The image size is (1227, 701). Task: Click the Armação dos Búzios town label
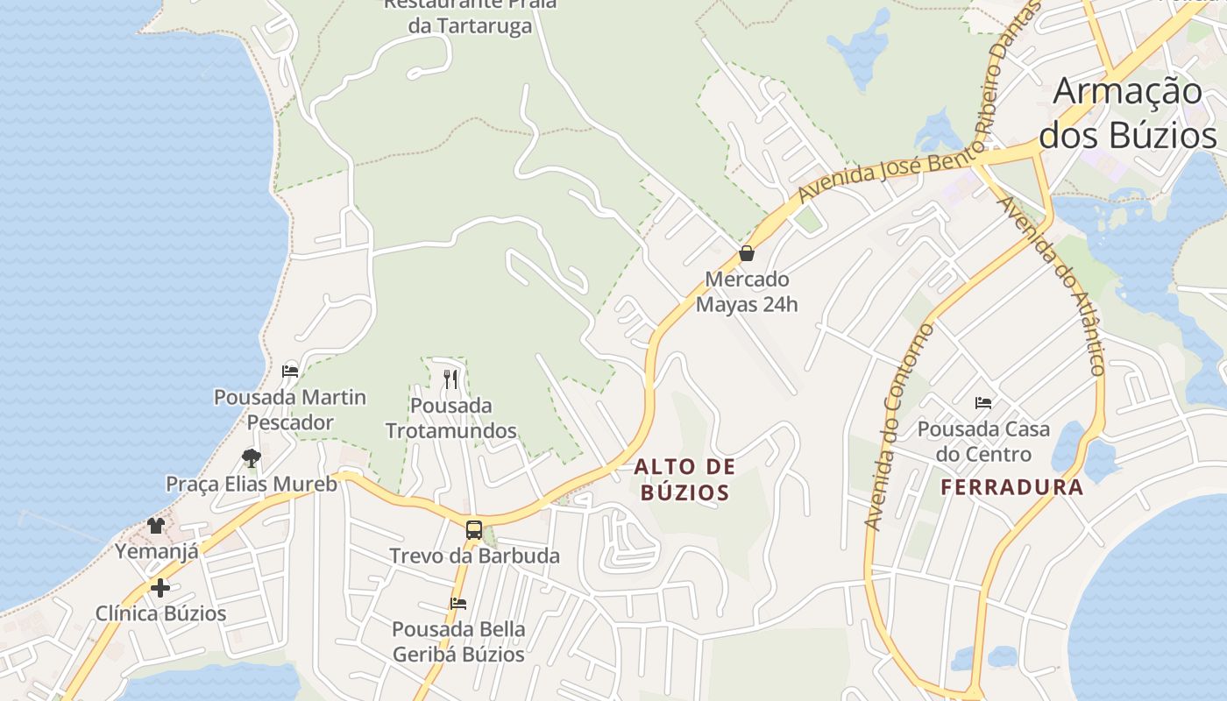pos(1127,114)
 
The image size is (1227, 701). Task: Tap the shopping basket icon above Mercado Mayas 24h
pos(747,254)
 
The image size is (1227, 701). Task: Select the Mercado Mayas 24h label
pos(747,293)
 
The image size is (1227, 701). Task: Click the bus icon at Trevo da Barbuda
pos(473,529)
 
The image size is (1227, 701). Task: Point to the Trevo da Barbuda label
pos(474,556)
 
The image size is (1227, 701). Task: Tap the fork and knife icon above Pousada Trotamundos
pos(450,379)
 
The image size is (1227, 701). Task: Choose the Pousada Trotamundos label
pos(450,419)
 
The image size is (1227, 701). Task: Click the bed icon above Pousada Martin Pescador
pos(290,371)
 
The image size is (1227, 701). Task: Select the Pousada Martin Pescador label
pos(290,410)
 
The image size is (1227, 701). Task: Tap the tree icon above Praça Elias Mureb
pos(252,457)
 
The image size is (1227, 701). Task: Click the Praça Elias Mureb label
pos(252,484)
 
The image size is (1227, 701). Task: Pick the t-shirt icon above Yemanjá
pos(156,526)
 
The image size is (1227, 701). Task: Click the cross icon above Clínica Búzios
pos(160,587)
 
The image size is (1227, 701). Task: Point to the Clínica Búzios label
pos(160,613)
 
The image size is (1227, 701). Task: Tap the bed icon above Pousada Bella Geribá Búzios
pos(457,603)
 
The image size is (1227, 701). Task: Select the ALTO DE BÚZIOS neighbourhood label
pos(684,479)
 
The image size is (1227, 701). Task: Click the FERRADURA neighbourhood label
pos(1012,487)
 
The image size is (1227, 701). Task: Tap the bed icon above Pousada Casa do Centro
pos(983,403)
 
